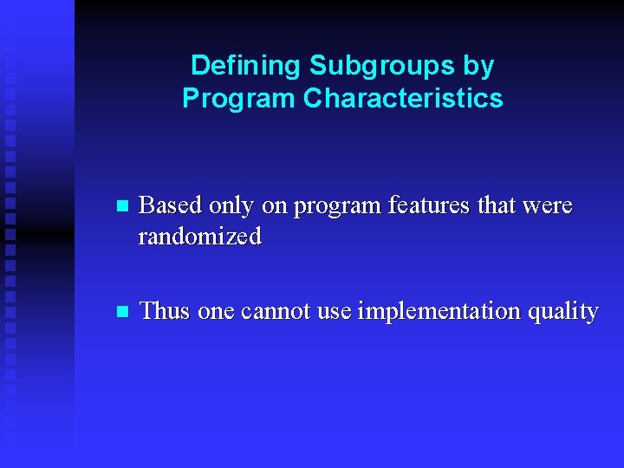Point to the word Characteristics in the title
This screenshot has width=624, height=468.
(x=403, y=98)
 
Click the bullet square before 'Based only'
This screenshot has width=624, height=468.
(x=121, y=207)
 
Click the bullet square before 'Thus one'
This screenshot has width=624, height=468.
(x=121, y=311)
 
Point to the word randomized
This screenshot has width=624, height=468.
(x=199, y=237)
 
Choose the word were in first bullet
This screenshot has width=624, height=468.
(x=547, y=206)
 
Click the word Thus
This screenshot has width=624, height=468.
(x=165, y=310)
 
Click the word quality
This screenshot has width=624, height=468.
(x=564, y=311)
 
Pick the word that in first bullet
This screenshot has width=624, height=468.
(x=498, y=206)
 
